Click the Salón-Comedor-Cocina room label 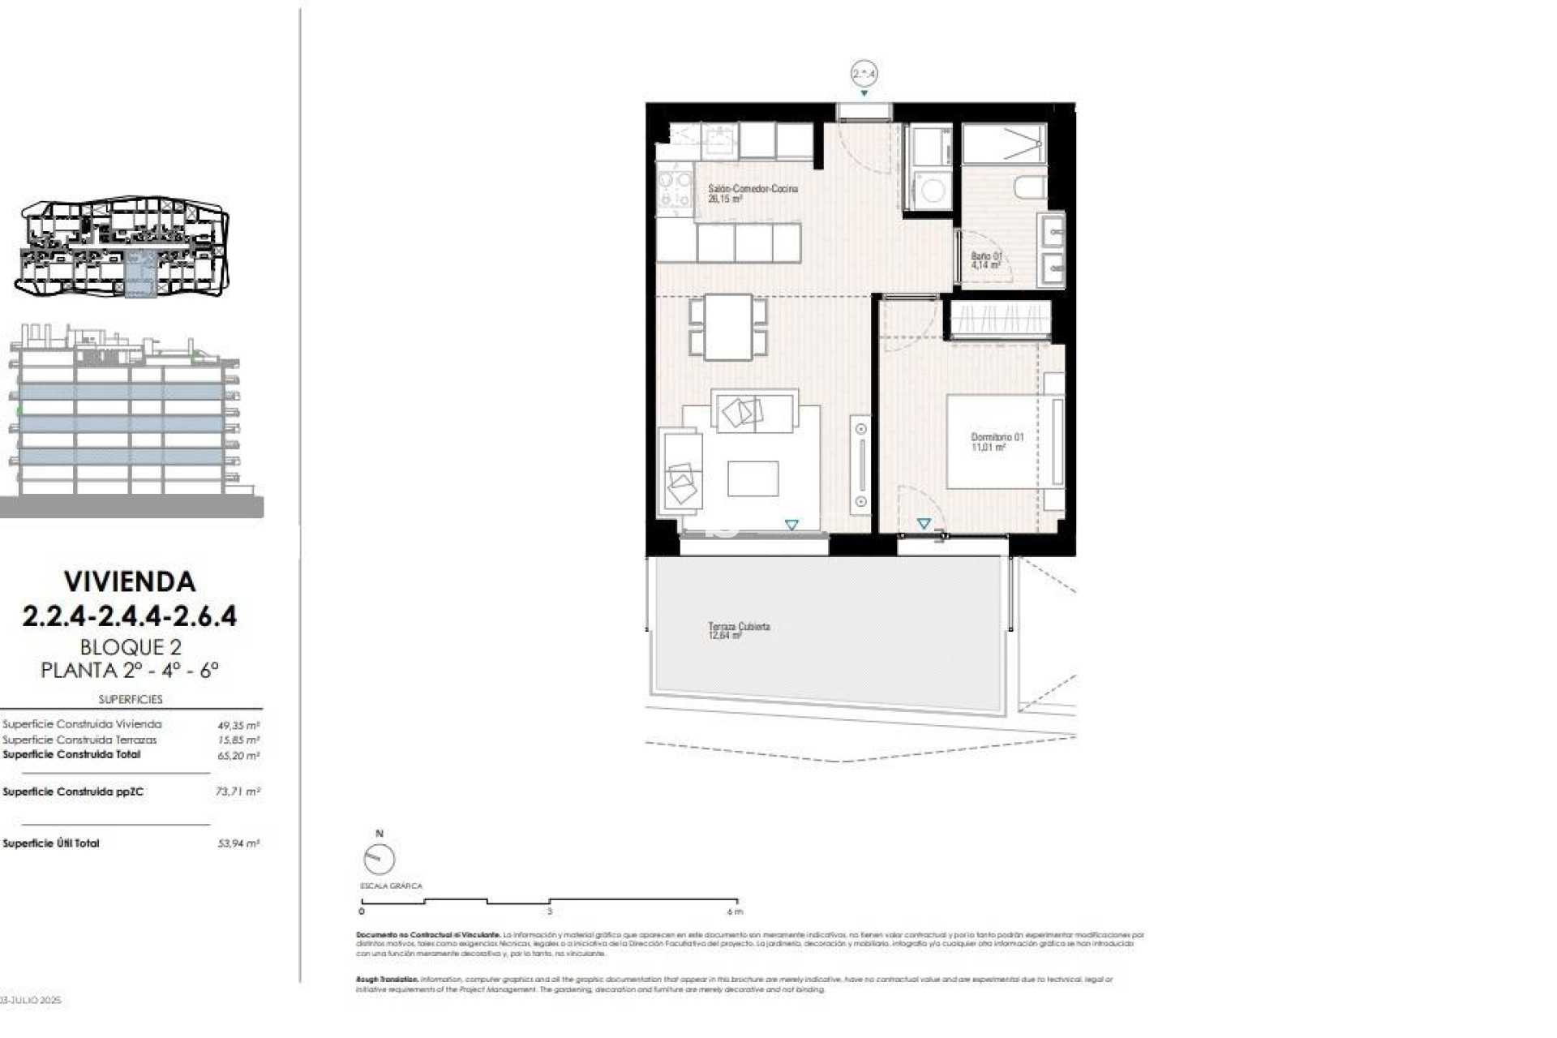(752, 192)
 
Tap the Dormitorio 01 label (997, 441)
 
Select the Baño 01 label (986, 259)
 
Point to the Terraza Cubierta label (738, 630)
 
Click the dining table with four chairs (728, 327)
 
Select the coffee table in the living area (753, 478)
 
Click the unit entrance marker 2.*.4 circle (864, 74)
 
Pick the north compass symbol (379, 858)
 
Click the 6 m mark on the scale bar (736, 911)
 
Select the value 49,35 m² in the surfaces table (238, 725)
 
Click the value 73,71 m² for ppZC (238, 791)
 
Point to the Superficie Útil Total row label (51, 843)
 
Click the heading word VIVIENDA (130, 581)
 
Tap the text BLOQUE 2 (130, 647)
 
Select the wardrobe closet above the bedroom (1000, 319)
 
